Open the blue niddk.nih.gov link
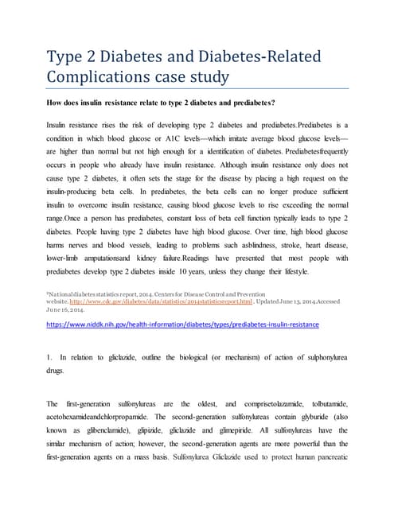182,324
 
